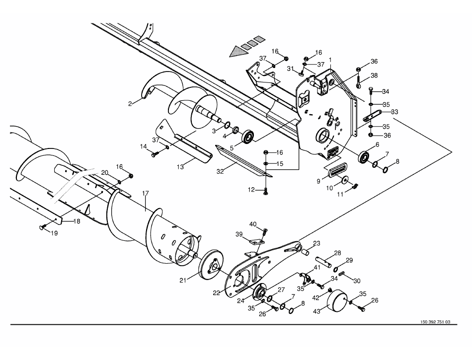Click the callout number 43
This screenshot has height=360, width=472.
pyautogui.click(x=316, y=311)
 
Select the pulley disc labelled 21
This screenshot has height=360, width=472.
pyautogui.click(x=211, y=265)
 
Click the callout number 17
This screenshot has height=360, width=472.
pyautogui.click(x=146, y=193)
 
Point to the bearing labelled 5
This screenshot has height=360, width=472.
pyautogui.click(x=248, y=137)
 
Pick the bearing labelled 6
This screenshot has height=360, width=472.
pyautogui.click(x=364, y=157)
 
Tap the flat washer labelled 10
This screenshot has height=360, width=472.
pyautogui.click(x=344, y=180)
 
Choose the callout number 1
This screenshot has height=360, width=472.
pyautogui.click(x=330, y=60)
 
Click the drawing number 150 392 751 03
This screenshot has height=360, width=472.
pyautogui.click(x=435, y=322)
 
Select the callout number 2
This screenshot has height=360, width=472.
pyautogui.click(x=130, y=104)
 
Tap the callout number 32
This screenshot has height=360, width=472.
pyautogui.click(x=220, y=172)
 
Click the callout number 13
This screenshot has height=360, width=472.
pyautogui.click(x=180, y=167)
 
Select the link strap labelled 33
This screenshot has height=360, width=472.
pyautogui.click(x=372, y=115)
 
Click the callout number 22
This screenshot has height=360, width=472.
pyautogui.click(x=217, y=292)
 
